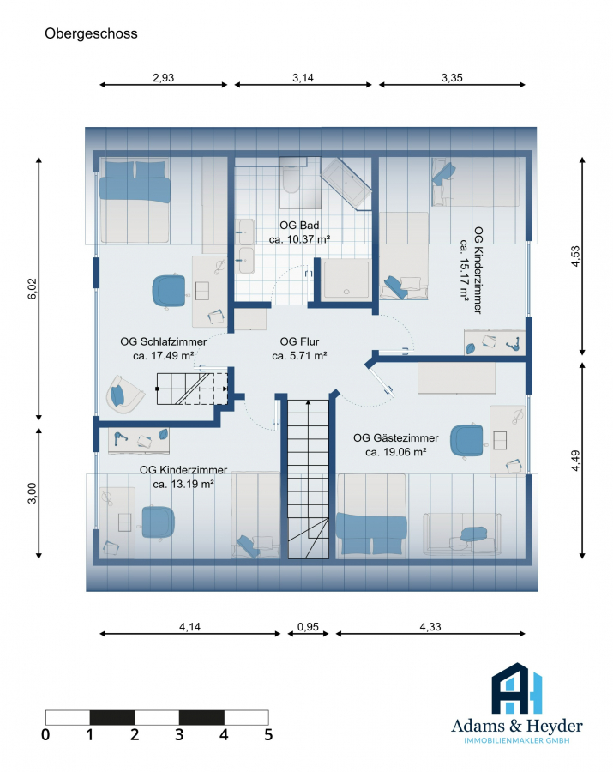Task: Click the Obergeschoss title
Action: tap(91, 33)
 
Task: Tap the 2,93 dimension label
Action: tap(164, 78)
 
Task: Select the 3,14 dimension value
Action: tap(303, 78)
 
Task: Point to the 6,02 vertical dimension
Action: tap(33, 289)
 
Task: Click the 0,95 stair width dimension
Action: tap(308, 627)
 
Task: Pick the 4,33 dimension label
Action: tap(430, 627)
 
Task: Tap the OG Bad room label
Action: tap(299, 226)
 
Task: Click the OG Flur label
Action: tap(299, 341)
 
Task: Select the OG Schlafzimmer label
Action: tap(164, 341)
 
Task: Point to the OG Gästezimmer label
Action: tap(395, 438)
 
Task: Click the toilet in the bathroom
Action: tap(291, 180)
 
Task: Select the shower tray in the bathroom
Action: tap(346, 279)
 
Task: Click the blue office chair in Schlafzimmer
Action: tap(169, 292)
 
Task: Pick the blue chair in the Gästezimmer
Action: tap(467, 441)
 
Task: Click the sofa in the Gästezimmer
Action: tap(462, 534)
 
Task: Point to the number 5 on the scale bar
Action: tap(268, 735)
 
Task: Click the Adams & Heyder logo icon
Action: tap(517, 688)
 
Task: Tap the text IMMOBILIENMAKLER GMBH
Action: tap(517, 740)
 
